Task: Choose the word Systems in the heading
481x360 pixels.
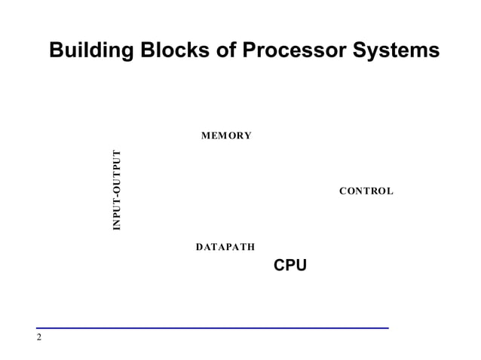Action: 392,50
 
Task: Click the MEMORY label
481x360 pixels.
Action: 226,136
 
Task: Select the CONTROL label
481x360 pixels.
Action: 366,191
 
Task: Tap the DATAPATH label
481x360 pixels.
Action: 225,246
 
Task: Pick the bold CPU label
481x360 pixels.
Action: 290,265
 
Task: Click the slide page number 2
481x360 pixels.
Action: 39,337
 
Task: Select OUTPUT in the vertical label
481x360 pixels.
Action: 117,170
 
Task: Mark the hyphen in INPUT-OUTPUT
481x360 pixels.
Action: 117,195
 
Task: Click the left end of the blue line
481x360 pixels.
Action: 37,328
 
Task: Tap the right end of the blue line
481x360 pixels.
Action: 388,328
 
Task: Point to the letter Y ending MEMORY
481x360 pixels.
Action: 247,136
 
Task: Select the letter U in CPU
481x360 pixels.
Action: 302,265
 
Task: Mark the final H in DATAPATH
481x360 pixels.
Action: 250,246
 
